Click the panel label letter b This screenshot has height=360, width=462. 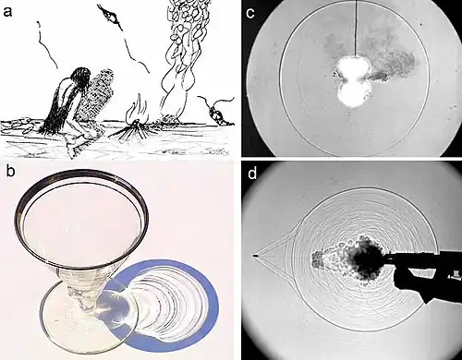coord(10,172)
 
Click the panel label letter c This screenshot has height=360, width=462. coord(250,13)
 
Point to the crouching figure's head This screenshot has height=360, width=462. coord(81,78)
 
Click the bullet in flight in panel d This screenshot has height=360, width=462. coord(255,255)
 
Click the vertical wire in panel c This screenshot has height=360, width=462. coord(356,29)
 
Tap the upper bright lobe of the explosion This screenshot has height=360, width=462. coord(352,68)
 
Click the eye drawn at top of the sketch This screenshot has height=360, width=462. coord(111,17)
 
